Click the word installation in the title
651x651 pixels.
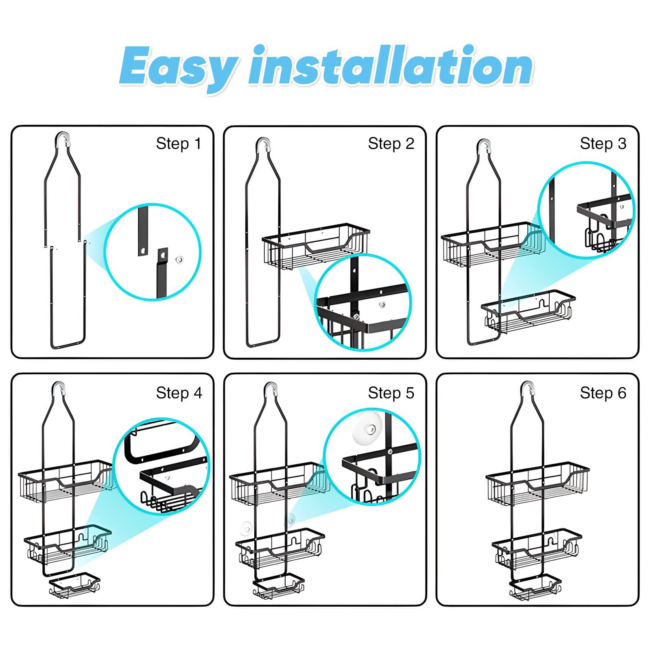(391, 65)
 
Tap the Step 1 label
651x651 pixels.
(179, 144)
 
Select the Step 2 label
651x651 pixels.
(391, 144)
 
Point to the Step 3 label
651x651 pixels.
(603, 144)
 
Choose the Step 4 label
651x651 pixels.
(179, 393)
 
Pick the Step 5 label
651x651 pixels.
(391, 393)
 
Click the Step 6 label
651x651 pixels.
(603, 393)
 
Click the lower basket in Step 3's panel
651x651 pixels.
(528, 311)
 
